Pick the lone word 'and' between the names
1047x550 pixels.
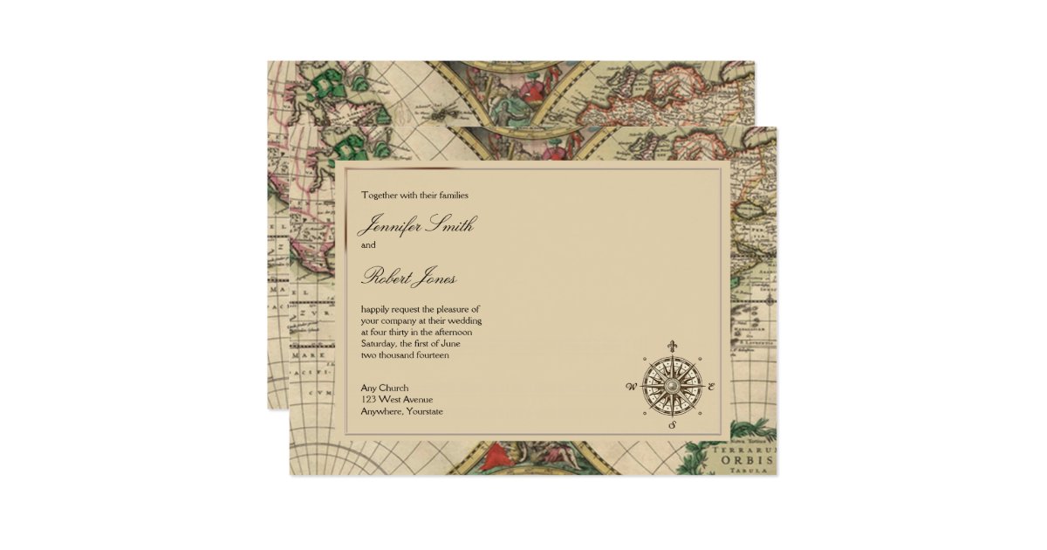(368, 245)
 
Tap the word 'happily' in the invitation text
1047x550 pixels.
(379, 310)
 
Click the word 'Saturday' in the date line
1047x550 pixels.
(381, 344)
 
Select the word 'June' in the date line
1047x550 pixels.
(459, 344)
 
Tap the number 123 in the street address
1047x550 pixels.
(370, 400)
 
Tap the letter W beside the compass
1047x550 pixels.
(630, 386)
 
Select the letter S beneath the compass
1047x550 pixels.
(672, 426)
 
